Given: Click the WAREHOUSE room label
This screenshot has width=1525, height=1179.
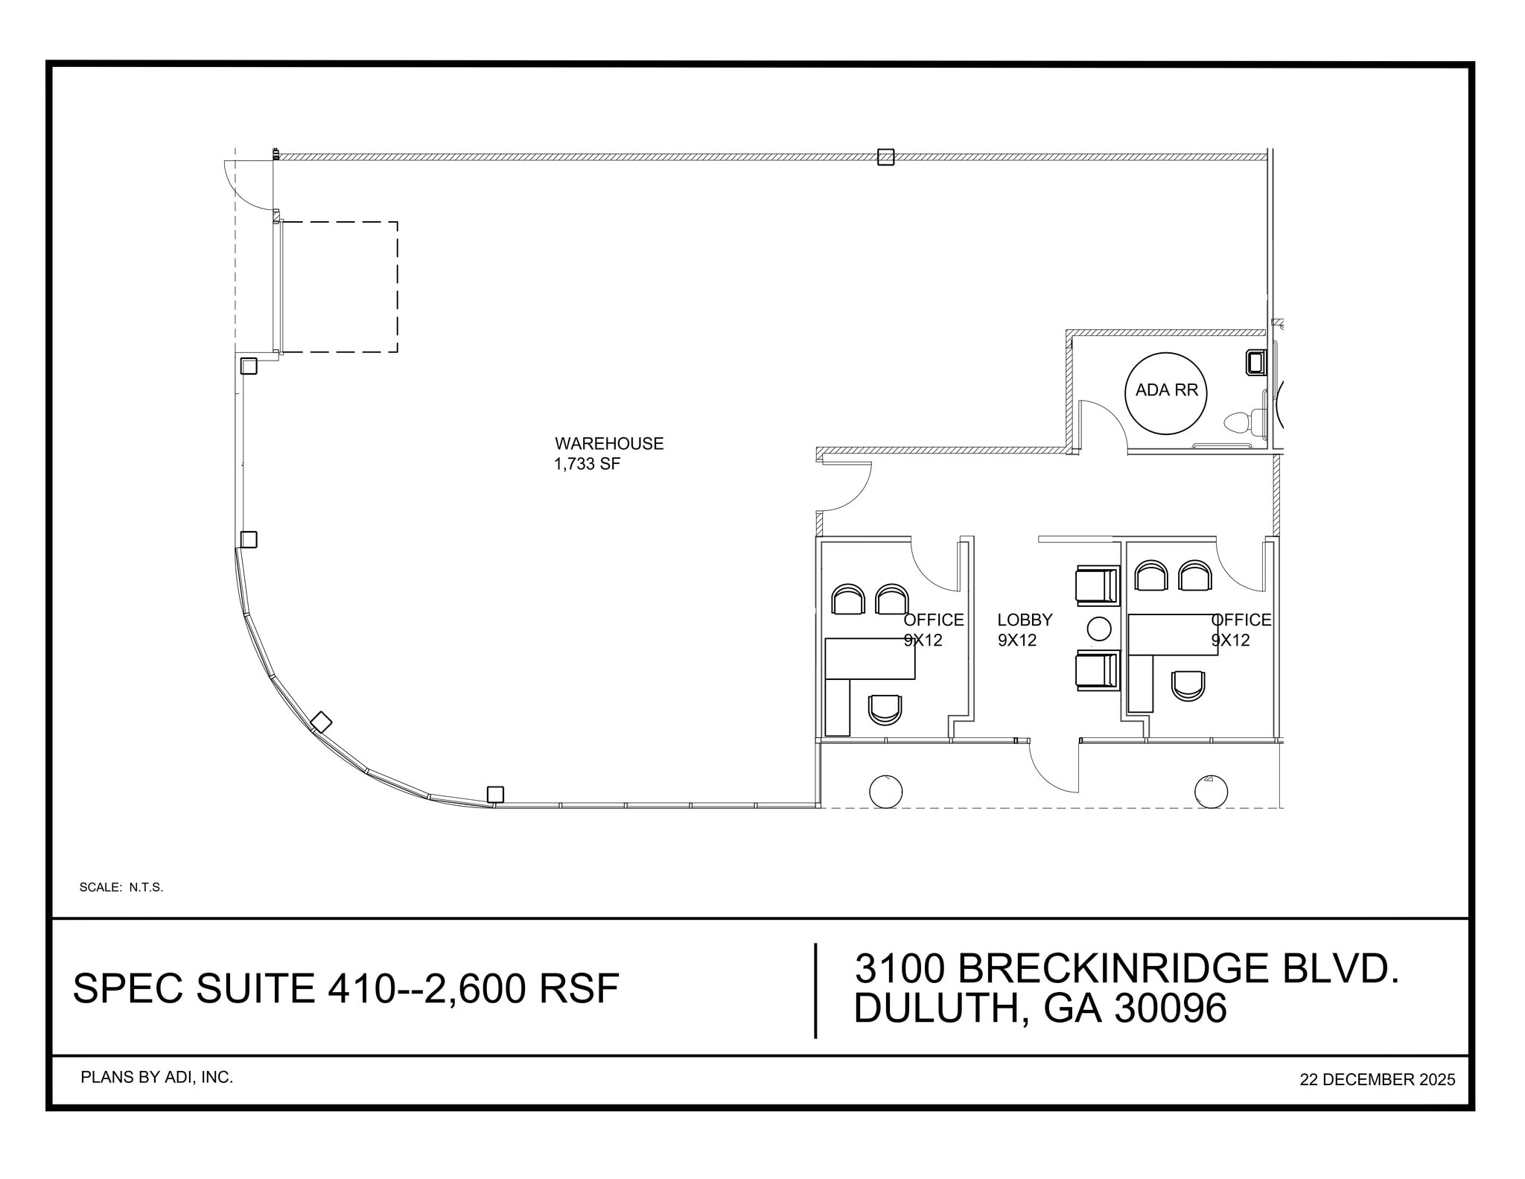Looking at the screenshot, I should click(608, 443).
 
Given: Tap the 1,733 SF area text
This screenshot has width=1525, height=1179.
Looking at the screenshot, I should click(587, 464).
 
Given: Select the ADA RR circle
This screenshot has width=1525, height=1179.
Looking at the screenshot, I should click(1165, 393).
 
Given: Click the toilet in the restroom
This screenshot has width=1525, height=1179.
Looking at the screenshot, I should click(1244, 423).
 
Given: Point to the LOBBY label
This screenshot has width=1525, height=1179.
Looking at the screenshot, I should click(1025, 620).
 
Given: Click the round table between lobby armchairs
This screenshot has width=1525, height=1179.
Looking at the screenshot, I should click(1099, 629).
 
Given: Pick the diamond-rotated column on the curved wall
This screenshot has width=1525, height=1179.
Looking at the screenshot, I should click(321, 722).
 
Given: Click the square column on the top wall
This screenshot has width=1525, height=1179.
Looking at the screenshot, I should click(885, 157).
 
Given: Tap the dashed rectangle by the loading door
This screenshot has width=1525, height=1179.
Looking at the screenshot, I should click(339, 287).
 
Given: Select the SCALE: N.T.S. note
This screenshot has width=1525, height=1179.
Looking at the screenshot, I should click(121, 887).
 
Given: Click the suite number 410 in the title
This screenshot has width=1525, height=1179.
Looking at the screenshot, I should click(360, 988).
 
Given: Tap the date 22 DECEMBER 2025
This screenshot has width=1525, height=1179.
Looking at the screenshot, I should click(1377, 1079).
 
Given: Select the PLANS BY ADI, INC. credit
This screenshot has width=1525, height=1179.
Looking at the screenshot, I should click(156, 1077).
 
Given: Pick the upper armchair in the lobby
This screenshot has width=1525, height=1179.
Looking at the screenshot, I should click(1098, 585).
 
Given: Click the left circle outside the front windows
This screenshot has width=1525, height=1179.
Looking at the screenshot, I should click(885, 792).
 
